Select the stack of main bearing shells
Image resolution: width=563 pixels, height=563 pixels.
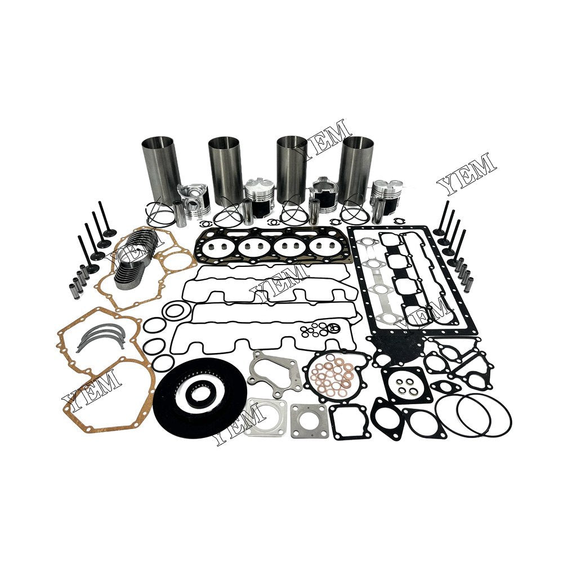click(133, 259)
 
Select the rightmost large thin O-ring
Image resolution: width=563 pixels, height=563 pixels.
click(484, 415)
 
